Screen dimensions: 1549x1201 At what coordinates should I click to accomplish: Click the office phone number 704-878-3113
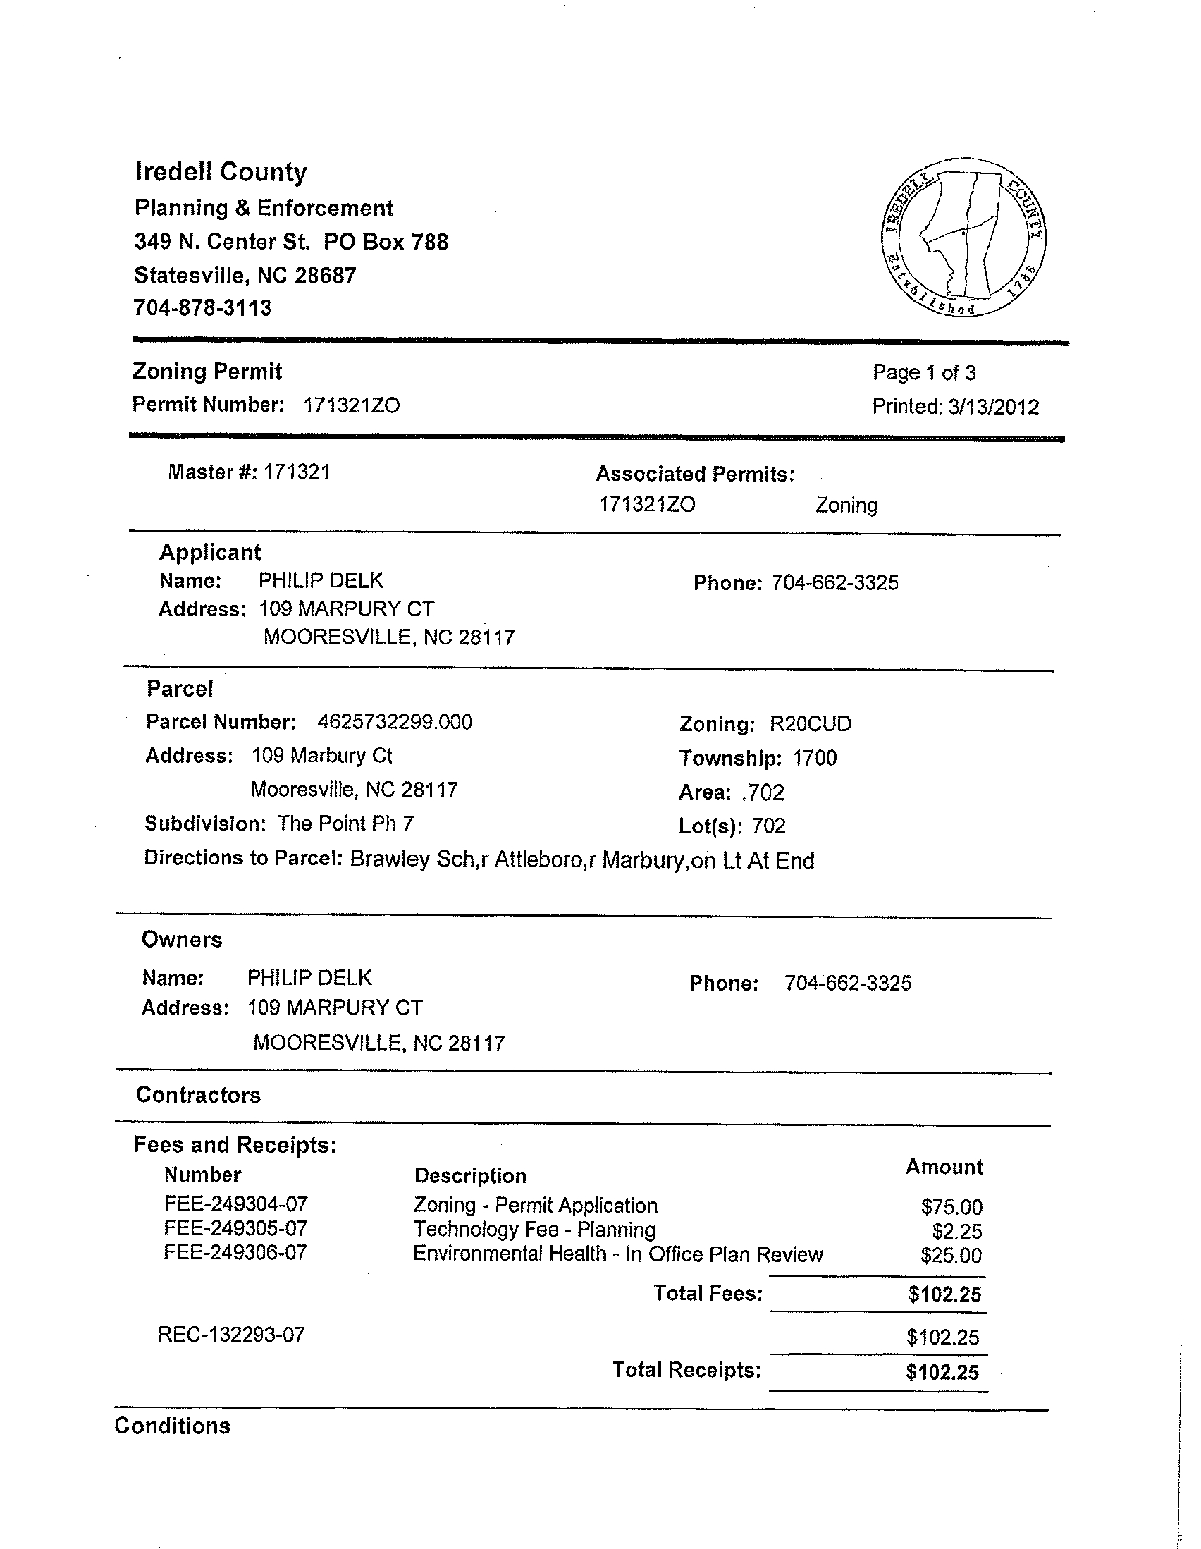tap(203, 308)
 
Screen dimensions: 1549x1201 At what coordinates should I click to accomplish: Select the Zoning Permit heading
tap(207, 372)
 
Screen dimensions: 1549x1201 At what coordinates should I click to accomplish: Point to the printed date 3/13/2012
tap(992, 407)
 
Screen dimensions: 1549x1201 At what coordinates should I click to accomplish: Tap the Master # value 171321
tap(296, 472)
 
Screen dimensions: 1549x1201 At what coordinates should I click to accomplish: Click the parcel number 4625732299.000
tap(394, 722)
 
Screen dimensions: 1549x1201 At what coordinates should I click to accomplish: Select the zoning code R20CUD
tap(811, 724)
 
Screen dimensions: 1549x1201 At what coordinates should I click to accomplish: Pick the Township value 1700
tap(815, 758)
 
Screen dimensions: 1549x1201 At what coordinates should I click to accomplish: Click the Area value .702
tap(763, 792)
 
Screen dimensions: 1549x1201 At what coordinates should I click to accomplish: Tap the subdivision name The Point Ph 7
tap(345, 824)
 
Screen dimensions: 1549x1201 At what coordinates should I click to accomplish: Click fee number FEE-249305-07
tap(235, 1228)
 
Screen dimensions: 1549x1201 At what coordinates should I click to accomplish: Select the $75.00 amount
tap(951, 1206)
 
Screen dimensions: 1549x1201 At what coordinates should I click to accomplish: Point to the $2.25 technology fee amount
tap(956, 1231)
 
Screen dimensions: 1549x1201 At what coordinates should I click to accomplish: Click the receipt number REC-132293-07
tap(231, 1335)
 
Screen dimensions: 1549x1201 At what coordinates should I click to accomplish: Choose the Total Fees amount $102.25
tap(944, 1294)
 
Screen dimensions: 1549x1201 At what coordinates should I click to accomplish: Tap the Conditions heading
tap(172, 1426)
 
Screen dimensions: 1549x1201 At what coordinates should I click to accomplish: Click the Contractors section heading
tap(198, 1095)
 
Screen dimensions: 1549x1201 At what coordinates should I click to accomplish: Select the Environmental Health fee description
tap(617, 1254)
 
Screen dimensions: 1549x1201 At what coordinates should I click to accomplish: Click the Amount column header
tap(944, 1168)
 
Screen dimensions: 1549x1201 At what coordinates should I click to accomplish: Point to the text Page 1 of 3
tap(924, 373)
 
